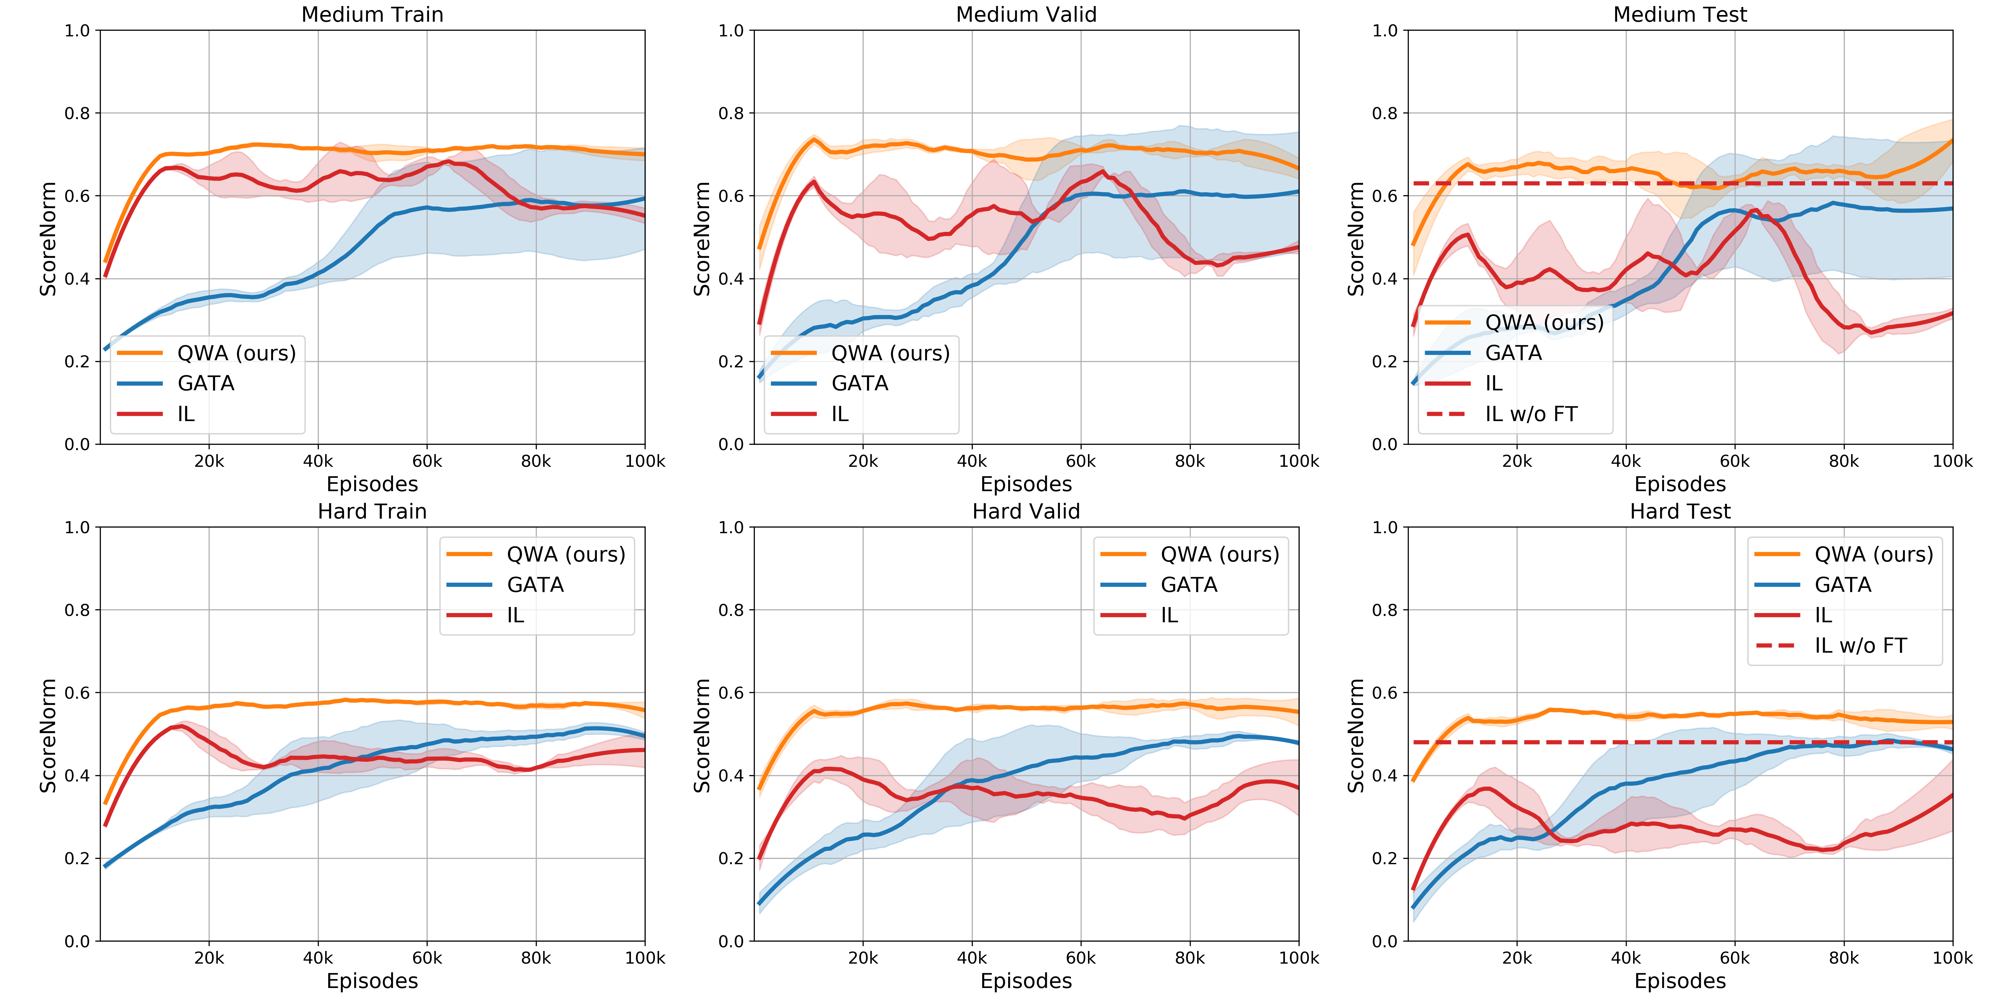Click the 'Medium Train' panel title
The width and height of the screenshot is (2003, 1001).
[373, 15]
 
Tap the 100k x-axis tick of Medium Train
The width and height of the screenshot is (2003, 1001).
[645, 462]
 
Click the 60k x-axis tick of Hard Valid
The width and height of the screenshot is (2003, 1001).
[1081, 958]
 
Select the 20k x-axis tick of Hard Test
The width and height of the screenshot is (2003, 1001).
[1517, 958]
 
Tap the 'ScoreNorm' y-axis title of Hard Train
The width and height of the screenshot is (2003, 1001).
[48, 735]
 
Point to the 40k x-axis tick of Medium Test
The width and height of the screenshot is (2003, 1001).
[1626, 462]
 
